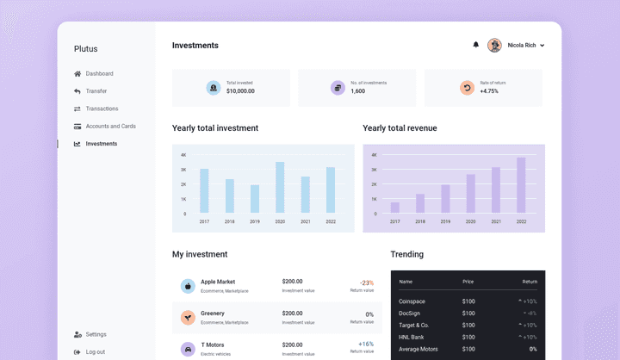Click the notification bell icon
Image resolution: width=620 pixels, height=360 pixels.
coord(475,45)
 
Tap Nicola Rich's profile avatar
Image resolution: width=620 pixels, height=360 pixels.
coord(494,45)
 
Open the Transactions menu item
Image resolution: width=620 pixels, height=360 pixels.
coord(102,109)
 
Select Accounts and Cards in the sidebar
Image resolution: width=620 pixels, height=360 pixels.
coord(110,127)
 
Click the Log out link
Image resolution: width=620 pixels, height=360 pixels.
coord(95,351)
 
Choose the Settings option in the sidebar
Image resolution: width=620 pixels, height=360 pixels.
coord(96,334)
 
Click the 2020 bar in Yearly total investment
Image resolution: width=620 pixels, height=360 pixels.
coord(280,188)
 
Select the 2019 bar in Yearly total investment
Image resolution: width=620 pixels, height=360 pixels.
coord(255,199)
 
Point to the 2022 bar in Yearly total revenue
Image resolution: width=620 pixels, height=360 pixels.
coord(521,185)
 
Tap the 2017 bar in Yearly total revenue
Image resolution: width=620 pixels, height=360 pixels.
coord(395,208)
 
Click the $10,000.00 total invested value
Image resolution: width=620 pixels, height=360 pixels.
coord(240,91)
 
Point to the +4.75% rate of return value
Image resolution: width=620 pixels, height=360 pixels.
coord(489,91)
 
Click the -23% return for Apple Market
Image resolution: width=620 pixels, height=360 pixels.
coord(366,282)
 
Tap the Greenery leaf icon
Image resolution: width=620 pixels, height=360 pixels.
coord(188,318)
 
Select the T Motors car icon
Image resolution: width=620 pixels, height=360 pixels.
coord(188,349)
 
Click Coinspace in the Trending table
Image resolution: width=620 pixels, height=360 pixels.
coord(413,301)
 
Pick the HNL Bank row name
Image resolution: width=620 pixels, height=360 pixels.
coord(412,337)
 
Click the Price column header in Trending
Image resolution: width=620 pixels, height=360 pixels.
coord(468,282)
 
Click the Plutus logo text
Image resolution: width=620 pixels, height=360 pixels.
coord(86,49)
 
